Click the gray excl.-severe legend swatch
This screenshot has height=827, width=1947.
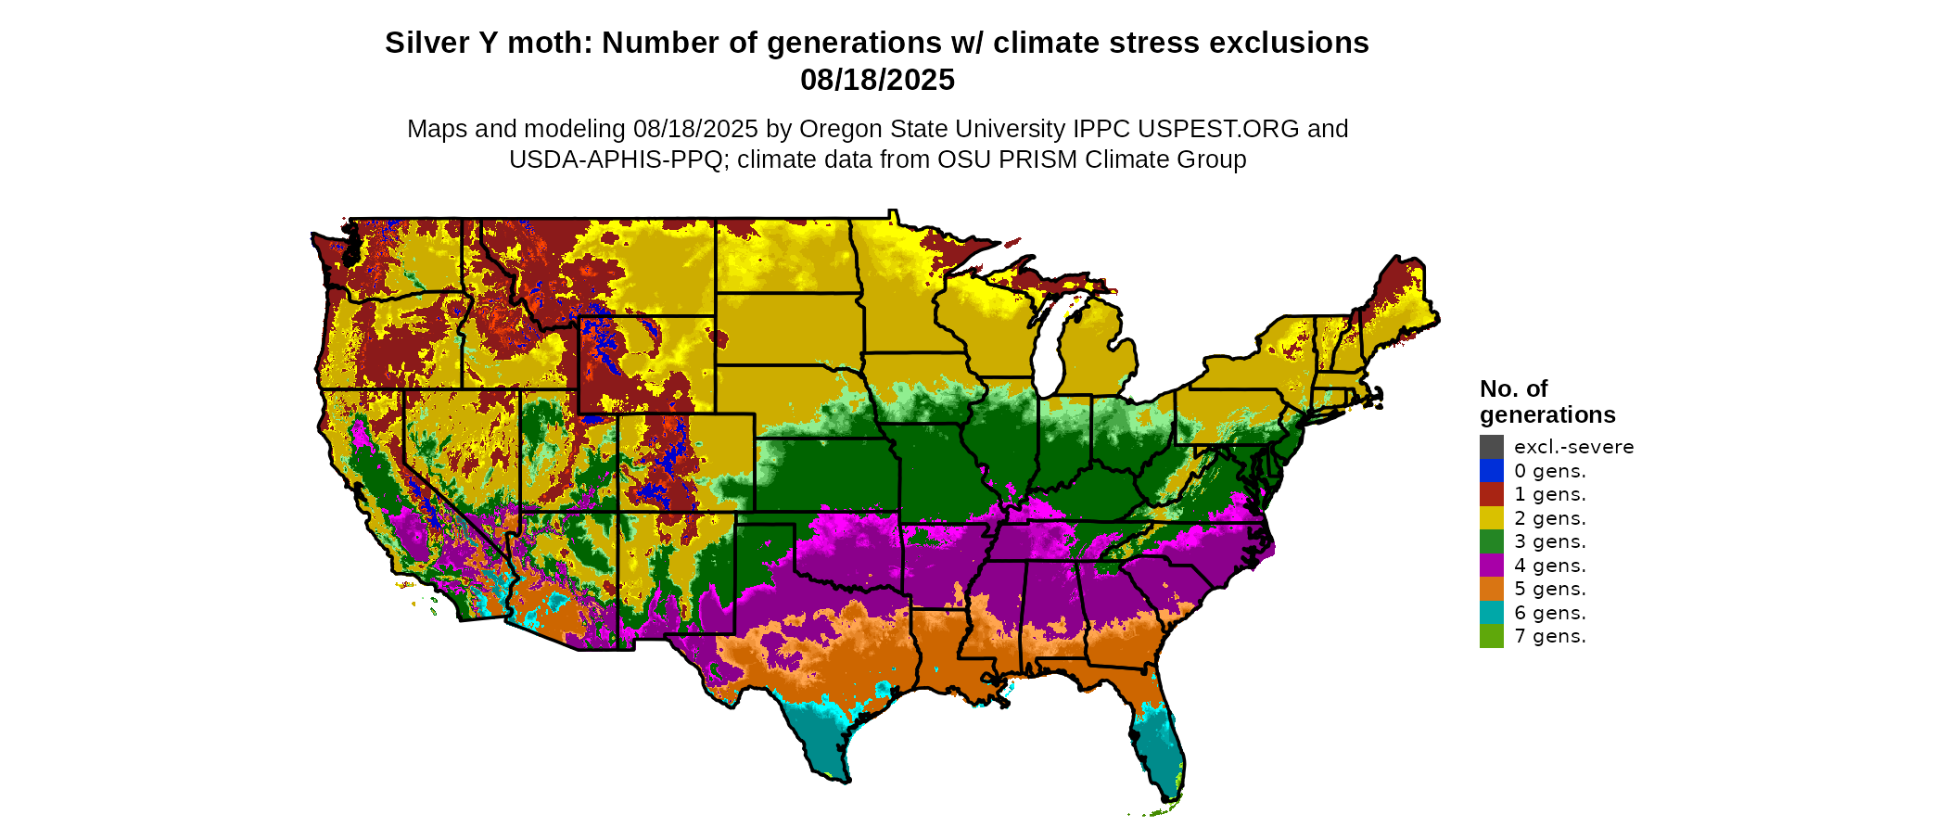pyautogui.click(x=1491, y=447)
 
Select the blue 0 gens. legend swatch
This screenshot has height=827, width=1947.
pyautogui.click(x=1491, y=471)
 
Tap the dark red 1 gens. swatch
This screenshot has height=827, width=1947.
pyautogui.click(x=1491, y=494)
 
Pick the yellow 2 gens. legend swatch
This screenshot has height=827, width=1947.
pyautogui.click(x=1491, y=518)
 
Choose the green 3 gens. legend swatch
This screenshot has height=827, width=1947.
pyautogui.click(x=1491, y=541)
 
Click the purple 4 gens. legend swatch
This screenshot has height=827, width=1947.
pyautogui.click(x=1491, y=566)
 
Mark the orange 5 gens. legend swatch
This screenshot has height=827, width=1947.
pyautogui.click(x=1491, y=589)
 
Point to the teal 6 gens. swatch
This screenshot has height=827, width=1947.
pyautogui.click(x=1491, y=613)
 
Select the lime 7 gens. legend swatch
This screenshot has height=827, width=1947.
pyautogui.click(x=1491, y=636)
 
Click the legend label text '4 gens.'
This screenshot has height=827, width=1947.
pyautogui.click(x=1550, y=566)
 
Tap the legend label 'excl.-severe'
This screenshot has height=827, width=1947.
pyautogui.click(x=1573, y=447)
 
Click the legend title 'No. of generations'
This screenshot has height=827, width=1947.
pyautogui.click(x=1546, y=401)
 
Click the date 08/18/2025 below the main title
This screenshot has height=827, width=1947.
pyautogui.click(x=877, y=80)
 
